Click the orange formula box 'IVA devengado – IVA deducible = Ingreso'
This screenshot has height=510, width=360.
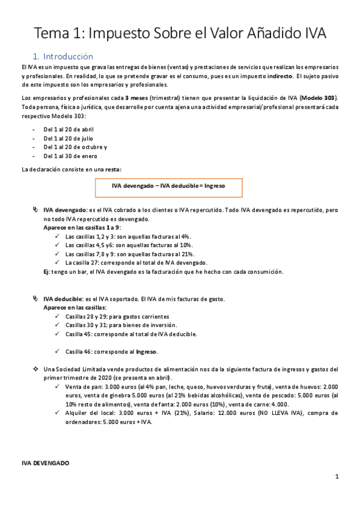click(x=168, y=187)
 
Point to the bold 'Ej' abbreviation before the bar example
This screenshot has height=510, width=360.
click(x=47, y=272)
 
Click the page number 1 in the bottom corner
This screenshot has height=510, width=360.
click(x=338, y=479)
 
